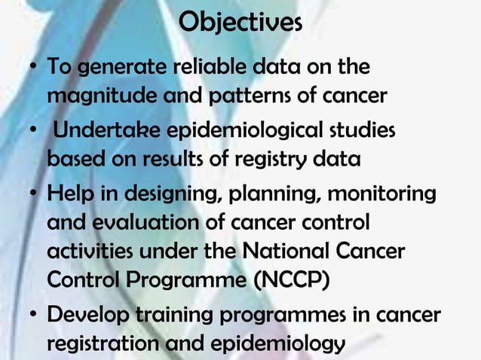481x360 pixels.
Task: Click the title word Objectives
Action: point(241,22)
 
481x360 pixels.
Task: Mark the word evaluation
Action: point(134,224)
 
